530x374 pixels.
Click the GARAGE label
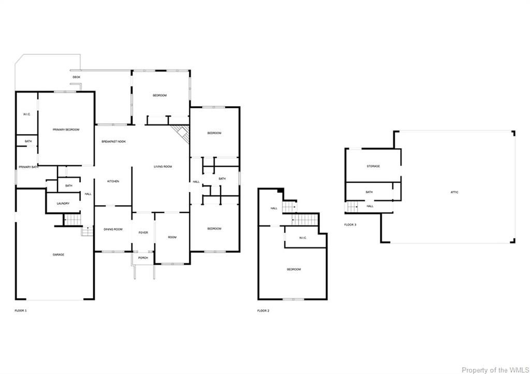(x=58, y=255)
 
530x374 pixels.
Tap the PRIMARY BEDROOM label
(x=66, y=130)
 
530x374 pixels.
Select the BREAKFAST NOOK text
(x=113, y=141)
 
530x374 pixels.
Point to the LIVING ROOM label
(x=163, y=167)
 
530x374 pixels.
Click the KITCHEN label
(x=113, y=181)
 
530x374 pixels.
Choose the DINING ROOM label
(x=113, y=229)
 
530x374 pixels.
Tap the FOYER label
(x=143, y=233)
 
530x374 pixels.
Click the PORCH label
(x=143, y=257)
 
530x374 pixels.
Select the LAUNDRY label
(x=63, y=204)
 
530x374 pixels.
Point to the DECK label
(x=76, y=77)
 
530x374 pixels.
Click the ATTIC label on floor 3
(x=454, y=192)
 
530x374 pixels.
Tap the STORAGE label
(x=373, y=166)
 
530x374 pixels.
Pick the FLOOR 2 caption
(x=263, y=311)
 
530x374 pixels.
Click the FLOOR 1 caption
(x=20, y=311)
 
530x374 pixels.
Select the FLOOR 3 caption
(x=350, y=225)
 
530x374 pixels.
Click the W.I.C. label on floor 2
(x=304, y=238)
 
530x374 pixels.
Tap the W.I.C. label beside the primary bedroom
(x=27, y=114)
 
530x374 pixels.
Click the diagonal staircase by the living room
(x=182, y=133)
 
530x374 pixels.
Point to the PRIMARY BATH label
(x=29, y=167)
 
